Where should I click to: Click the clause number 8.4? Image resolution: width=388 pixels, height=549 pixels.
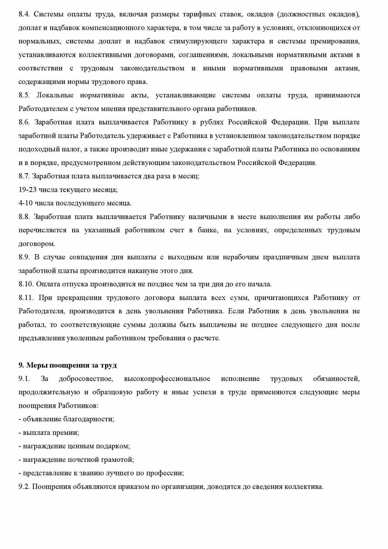click(x=24, y=14)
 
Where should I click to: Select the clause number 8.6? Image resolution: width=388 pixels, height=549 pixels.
click(x=24, y=122)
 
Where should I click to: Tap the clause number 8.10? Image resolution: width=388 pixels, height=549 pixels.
click(x=26, y=284)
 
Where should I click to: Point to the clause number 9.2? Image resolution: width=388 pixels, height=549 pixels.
click(x=24, y=487)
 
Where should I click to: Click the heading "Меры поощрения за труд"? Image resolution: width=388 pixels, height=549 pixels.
click(x=71, y=365)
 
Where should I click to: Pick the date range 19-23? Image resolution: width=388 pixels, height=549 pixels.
click(x=28, y=190)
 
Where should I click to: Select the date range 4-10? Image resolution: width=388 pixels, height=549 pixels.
click(x=26, y=203)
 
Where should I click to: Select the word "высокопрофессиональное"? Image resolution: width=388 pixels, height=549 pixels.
click(x=167, y=379)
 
